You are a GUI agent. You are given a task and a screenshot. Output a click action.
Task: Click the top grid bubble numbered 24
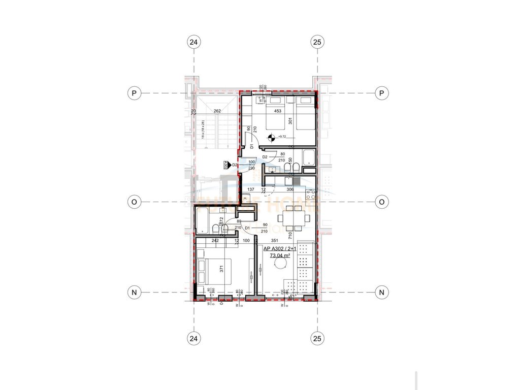point(193,42)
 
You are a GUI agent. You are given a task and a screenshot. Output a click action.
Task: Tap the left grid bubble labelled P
point(134,93)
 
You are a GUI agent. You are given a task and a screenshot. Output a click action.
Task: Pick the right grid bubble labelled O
point(381,202)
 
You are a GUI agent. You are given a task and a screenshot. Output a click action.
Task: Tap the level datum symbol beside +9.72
point(271,137)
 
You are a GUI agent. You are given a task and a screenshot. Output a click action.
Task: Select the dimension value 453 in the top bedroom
point(278,111)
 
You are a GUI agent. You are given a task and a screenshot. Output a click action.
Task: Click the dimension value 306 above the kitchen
point(290,189)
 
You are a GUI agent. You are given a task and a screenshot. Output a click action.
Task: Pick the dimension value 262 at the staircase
point(217,111)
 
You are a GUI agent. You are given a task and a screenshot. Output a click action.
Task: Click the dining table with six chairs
point(292,217)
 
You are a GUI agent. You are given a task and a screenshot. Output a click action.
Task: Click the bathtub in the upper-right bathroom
point(308,157)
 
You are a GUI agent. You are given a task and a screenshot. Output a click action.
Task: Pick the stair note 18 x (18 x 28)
point(202,129)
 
